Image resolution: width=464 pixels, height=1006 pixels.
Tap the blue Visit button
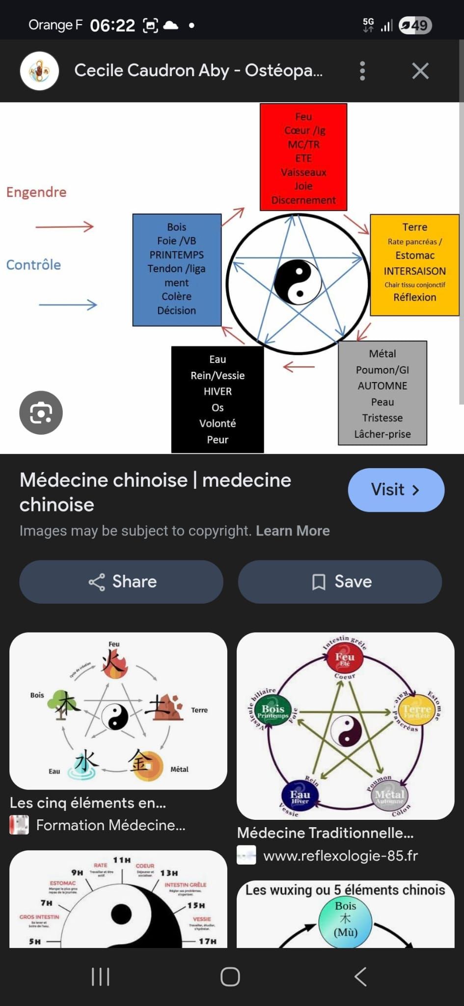tap(396, 490)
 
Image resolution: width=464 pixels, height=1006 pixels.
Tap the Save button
tap(340, 582)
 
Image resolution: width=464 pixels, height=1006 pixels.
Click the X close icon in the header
tap(420, 71)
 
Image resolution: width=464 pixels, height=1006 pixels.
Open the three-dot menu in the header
tap(362, 71)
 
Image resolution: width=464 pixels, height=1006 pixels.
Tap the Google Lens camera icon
tap(41, 413)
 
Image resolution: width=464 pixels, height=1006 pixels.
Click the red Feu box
tap(303, 157)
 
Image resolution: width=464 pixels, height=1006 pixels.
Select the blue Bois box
tap(177, 270)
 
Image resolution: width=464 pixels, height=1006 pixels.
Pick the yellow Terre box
tap(414, 264)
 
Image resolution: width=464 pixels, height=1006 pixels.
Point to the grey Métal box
tap(382, 393)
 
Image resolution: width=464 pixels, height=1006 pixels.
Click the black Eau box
tap(218, 399)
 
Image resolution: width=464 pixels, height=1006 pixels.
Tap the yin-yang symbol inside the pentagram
tap(298, 282)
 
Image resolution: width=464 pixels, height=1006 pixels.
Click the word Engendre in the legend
tap(36, 192)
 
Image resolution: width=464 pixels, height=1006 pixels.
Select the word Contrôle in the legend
tap(33, 265)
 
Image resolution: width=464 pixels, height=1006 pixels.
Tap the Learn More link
tap(293, 531)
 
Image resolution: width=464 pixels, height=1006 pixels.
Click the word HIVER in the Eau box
tap(218, 391)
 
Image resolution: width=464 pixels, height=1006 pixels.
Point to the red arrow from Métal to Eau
tap(299, 366)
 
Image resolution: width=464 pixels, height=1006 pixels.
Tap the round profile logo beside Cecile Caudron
tap(39, 71)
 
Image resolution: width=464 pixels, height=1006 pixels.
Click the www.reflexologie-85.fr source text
tap(340, 856)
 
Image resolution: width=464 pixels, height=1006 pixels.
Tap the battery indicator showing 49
tap(415, 25)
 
